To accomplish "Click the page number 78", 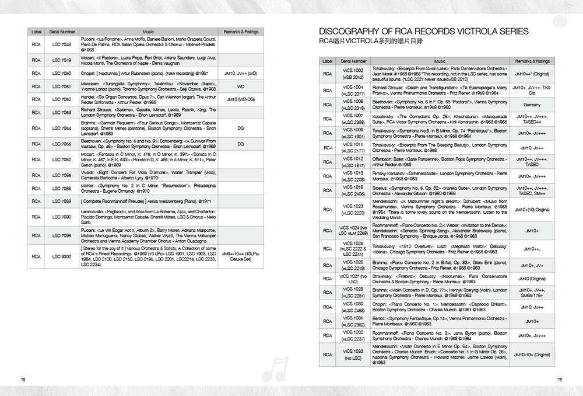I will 23,379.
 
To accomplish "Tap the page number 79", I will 559,379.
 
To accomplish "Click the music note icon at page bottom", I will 272,366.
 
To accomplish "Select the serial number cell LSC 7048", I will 61,44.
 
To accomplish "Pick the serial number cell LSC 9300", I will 61,256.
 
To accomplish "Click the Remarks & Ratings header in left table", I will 240,31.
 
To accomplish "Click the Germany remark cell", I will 532,105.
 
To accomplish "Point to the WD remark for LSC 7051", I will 240,86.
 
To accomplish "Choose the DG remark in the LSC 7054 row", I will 240,128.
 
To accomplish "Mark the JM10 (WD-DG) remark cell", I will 240,100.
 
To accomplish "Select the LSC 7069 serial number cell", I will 61,201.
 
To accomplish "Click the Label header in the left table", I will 36,31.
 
